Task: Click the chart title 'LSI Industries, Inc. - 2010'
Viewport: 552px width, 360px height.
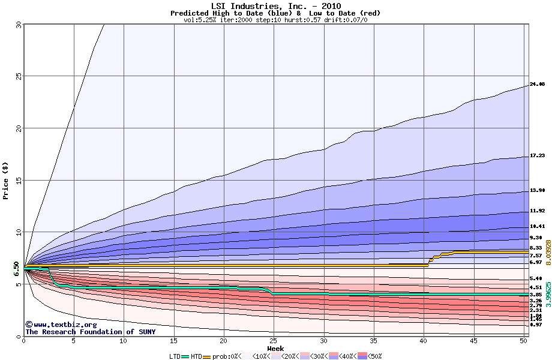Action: coord(275,6)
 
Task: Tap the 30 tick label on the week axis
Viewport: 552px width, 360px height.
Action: coord(324,341)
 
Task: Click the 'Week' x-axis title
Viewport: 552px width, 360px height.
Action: coord(275,348)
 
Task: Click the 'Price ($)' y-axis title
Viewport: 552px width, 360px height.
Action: coord(6,180)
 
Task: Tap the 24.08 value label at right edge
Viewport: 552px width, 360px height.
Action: coord(537,85)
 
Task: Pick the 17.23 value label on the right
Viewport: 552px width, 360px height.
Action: coord(537,156)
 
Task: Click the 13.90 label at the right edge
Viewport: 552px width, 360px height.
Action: coord(537,191)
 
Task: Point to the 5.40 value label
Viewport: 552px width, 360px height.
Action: coord(536,279)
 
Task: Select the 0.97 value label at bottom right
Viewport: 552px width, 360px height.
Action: coord(536,325)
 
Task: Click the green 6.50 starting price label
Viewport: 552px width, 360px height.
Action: coord(16,271)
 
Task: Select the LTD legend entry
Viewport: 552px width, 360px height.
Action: coord(177,356)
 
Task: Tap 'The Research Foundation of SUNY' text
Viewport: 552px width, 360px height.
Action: coord(90,332)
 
